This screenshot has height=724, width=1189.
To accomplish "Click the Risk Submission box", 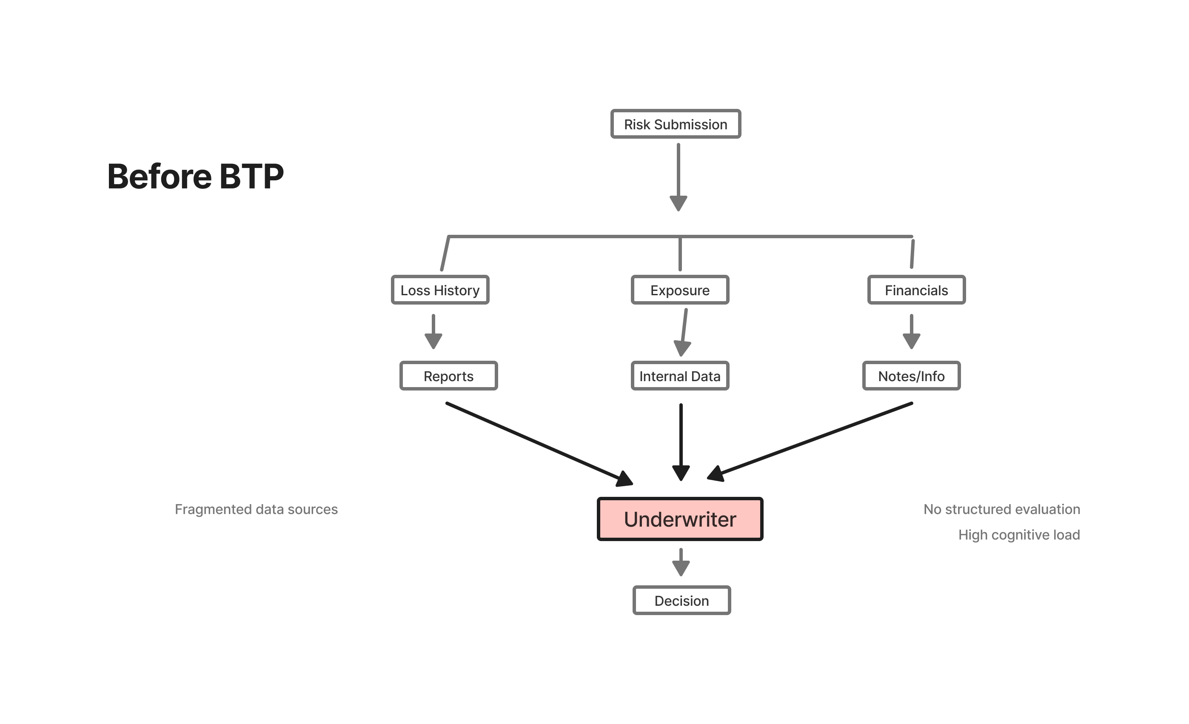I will coord(676,124).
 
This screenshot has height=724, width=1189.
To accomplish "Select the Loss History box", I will coord(440,290).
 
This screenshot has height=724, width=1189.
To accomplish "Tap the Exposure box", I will coord(680,290).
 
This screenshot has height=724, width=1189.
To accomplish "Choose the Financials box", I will coord(916,290).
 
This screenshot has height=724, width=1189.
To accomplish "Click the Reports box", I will coord(448,376).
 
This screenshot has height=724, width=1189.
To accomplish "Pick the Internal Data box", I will coord(680,376).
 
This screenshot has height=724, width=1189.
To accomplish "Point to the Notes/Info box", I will coord(911,376).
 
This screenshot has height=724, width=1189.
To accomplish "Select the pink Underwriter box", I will coord(680,519).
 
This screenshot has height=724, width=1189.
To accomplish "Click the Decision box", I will coord(681,601).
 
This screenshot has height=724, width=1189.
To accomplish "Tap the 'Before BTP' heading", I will coord(195,176).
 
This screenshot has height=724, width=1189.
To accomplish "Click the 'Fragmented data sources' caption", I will coord(256,509).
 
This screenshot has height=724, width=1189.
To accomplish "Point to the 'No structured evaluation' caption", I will coord(1002,509).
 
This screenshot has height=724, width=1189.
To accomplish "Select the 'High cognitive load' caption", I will coord(1019,535).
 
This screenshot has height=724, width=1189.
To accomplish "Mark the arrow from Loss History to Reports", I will coord(433,332).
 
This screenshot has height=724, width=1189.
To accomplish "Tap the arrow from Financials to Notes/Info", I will coord(912,332).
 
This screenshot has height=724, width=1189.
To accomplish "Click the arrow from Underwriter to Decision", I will coord(681,562).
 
